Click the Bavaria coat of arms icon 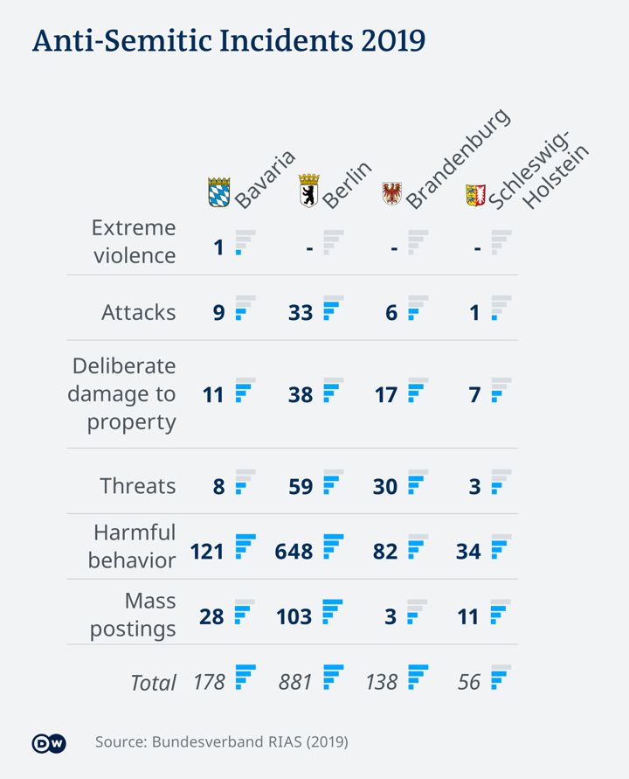[x=218, y=192]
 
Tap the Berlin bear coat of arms [x=308, y=191]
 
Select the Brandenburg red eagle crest [x=392, y=192]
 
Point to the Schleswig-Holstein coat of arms [x=475, y=194]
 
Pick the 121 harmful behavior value [x=208, y=552]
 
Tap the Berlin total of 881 [x=295, y=682]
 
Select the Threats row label [x=138, y=486]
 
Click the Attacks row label [x=138, y=312]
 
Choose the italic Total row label [x=153, y=683]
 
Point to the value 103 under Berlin [x=294, y=616]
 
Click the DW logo [x=48, y=743]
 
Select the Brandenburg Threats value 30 [x=385, y=486]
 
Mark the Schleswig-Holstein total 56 [x=469, y=682]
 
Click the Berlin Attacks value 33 [x=301, y=312]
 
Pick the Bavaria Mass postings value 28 [x=211, y=616]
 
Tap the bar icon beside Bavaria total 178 [x=245, y=677]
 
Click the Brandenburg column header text [x=457, y=160]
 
